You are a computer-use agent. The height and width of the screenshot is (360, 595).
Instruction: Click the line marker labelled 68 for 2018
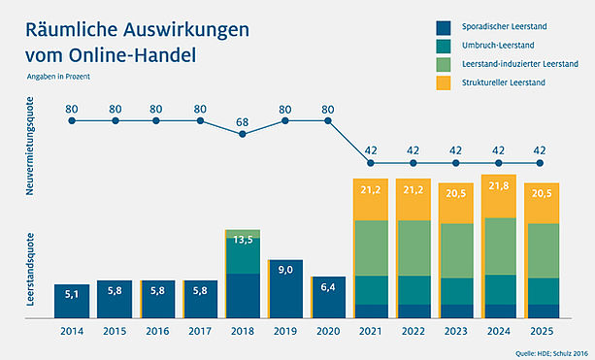click(x=243, y=134)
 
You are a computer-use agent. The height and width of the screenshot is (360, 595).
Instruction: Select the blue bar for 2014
click(x=72, y=301)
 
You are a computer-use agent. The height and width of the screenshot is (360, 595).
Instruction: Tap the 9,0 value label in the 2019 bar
click(x=285, y=270)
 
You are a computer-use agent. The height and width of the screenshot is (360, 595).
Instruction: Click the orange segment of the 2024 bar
click(x=499, y=197)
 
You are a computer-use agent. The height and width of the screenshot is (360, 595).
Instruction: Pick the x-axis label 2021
click(x=371, y=331)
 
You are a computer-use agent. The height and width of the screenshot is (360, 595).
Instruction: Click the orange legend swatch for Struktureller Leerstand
click(x=444, y=82)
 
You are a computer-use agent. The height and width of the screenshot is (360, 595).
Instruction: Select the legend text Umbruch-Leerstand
click(x=498, y=46)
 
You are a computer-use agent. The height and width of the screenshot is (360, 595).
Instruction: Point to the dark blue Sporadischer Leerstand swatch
click(x=444, y=28)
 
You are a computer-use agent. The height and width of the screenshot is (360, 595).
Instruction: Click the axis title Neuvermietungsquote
click(x=30, y=147)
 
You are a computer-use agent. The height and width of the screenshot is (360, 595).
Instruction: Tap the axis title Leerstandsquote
click(x=30, y=270)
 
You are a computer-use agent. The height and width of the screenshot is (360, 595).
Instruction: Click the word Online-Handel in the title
click(x=132, y=55)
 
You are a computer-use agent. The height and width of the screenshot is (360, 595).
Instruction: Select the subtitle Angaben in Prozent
click(x=58, y=77)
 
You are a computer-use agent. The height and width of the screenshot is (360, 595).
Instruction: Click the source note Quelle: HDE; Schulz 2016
click(x=551, y=353)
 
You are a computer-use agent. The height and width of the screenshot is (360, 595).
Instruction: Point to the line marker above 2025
click(x=540, y=163)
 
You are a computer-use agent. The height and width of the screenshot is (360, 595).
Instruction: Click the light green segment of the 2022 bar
click(x=413, y=248)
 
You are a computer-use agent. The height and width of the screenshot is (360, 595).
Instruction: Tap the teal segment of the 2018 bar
click(x=243, y=256)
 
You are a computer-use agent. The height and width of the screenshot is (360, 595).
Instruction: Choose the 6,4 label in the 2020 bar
click(x=328, y=287)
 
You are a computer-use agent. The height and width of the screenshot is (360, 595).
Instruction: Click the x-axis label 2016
click(x=157, y=331)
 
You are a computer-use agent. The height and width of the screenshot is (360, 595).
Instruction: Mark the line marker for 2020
click(x=328, y=121)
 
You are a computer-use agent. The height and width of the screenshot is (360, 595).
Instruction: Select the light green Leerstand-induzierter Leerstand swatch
click(x=444, y=64)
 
